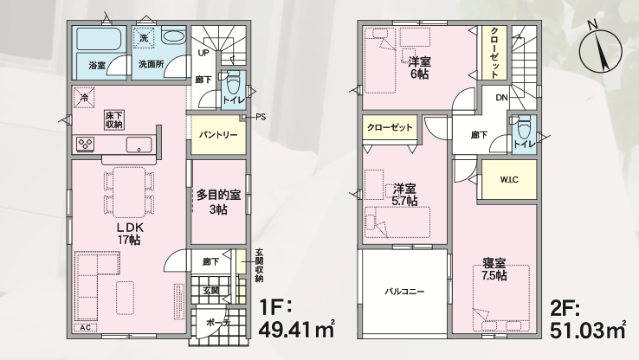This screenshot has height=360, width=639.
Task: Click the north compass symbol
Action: point(600,49)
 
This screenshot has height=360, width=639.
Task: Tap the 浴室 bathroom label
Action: point(97,65)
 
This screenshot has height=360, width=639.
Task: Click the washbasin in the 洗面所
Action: point(174,36)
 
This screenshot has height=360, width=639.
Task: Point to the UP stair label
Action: point(203,53)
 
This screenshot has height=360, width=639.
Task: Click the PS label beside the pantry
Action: point(261,118)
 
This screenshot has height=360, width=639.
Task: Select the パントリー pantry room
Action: point(218,135)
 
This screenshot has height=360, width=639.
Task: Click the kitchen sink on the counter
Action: point(139,145)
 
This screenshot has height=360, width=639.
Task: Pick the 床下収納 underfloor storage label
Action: point(114,120)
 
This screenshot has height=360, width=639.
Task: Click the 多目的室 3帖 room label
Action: point(218,202)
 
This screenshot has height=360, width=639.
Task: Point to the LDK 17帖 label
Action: point(130,234)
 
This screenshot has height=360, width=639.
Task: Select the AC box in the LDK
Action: point(86,328)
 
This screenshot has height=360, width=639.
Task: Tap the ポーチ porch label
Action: point(218,323)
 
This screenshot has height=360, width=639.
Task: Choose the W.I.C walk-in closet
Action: point(509,179)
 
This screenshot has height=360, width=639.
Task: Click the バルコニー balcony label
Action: point(404,292)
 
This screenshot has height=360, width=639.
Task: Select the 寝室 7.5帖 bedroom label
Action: point(494,269)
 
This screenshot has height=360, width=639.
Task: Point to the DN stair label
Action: point(501,98)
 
